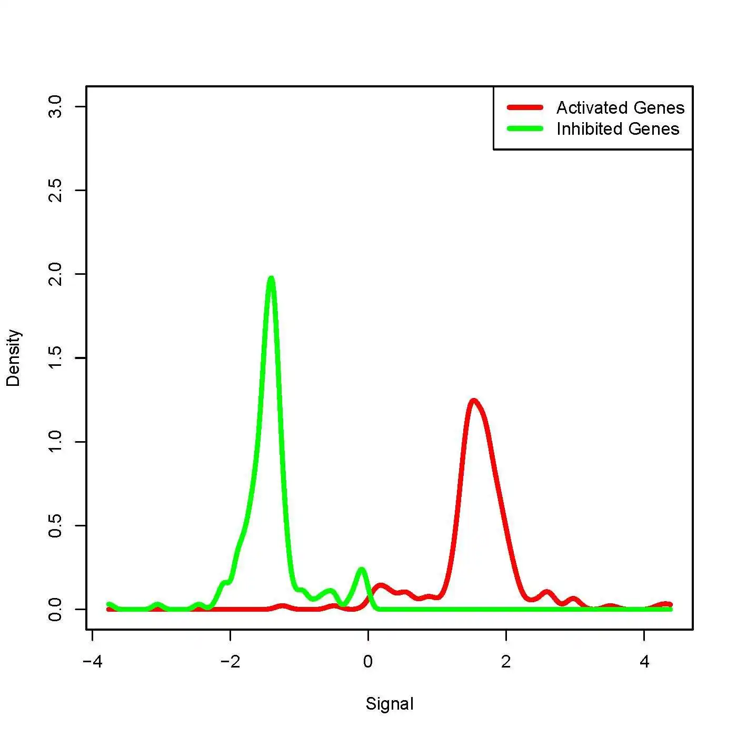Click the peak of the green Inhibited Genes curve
point(271,278)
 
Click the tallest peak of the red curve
point(474,401)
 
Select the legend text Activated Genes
point(620,108)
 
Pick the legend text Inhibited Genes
point(618,129)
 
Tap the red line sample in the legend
point(525,107)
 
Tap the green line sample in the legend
point(525,128)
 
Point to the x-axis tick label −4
point(92,662)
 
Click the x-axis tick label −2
point(230,662)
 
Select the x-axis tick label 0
point(368,662)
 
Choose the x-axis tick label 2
point(506,662)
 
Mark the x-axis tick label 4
point(644,662)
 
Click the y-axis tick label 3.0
point(54,107)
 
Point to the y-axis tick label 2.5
point(54,190)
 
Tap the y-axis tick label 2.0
point(54,274)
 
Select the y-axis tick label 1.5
point(54,358)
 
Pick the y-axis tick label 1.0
point(54,442)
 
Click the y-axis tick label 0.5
point(54,525)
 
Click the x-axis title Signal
point(390,704)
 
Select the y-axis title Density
point(13,358)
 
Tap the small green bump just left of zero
point(361,570)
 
